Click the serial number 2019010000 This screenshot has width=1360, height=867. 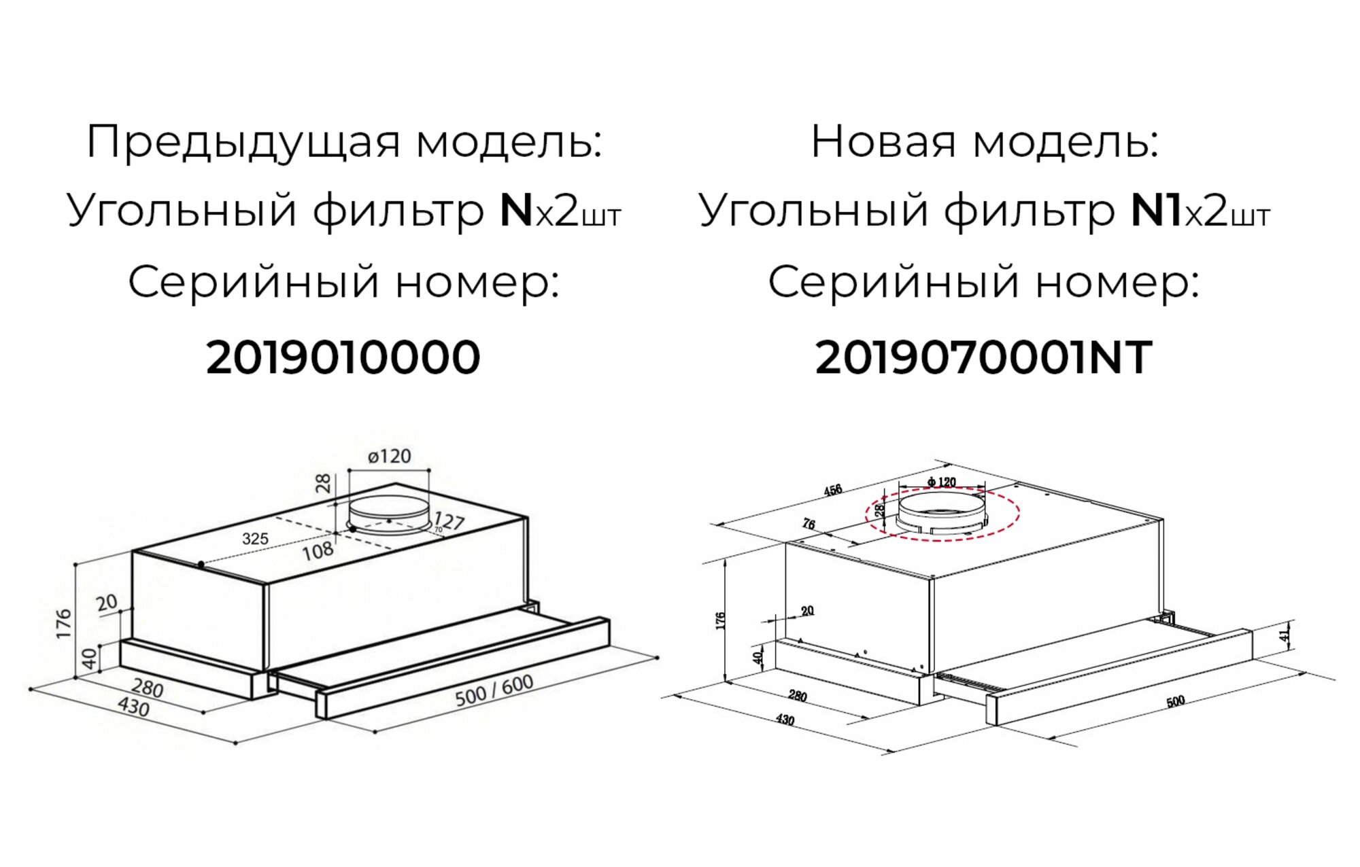tap(343, 358)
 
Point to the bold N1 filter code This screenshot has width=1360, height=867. tap(1155, 211)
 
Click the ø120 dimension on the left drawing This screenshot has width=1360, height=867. tap(390, 456)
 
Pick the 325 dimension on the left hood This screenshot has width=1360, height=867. tap(255, 539)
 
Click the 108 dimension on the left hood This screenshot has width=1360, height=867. tap(318, 550)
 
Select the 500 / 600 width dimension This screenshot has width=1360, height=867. tap(494, 690)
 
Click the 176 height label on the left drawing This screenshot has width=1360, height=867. tap(64, 623)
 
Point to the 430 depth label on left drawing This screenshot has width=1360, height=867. tap(133, 707)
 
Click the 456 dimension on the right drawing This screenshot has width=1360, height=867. tap(832, 490)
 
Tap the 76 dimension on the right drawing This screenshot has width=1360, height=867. tap(809, 524)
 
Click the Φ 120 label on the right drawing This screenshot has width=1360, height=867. tap(942, 482)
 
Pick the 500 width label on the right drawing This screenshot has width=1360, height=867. tap(1175, 701)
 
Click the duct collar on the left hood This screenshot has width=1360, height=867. tap(388, 513)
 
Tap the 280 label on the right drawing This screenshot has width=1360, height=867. tap(798, 696)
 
